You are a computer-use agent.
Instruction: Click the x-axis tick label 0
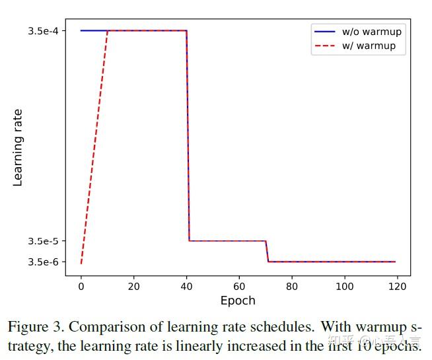click(81, 286)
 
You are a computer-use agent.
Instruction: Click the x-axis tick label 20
click(133, 286)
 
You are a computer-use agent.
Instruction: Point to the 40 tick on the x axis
click(186, 286)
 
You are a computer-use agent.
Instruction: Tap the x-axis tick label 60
click(239, 286)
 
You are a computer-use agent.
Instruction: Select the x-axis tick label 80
click(292, 286)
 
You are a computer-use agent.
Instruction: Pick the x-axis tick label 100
click(345, 286)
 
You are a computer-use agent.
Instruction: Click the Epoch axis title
click(238, 301)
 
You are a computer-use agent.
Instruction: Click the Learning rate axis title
click(18, 147)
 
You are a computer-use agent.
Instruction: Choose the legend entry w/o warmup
click(371, 32)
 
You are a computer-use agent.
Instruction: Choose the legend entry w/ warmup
click(369, 46)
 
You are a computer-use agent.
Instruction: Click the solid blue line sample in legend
click(326, 32)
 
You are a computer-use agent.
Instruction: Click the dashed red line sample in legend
click(326, 46)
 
